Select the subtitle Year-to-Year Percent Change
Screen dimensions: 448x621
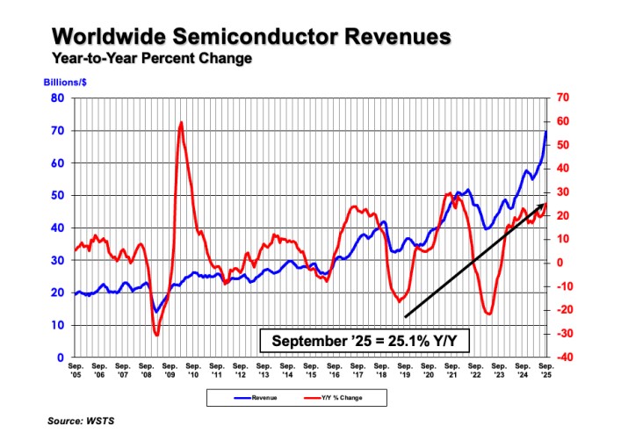(152, 58)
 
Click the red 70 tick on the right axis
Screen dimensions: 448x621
(562, 98)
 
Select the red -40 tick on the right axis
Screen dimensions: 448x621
(564, 358)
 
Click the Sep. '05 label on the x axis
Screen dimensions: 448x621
(76, 370)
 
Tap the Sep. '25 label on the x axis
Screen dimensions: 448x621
(545, 370)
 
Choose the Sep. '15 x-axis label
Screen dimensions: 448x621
(310, 370)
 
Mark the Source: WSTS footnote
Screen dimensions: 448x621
(83, 423)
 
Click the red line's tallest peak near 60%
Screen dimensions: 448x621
(180, 123)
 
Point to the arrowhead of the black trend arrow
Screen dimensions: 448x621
(544, 205)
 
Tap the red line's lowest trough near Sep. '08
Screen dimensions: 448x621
(156, 334)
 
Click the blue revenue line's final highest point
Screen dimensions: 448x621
(545, 132)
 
